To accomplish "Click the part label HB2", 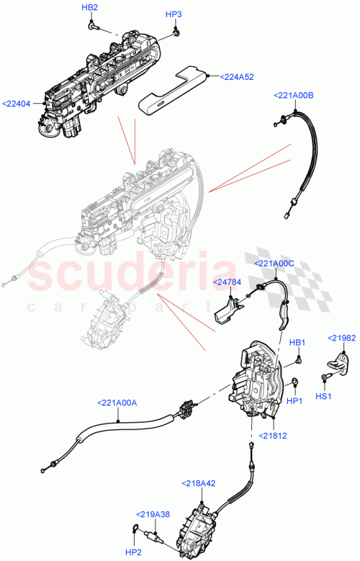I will point(89,7).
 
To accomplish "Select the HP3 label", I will point(174,14).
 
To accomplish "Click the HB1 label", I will point(297,342).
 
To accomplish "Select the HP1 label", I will point(294,400).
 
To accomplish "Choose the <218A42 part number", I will point(198,483).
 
